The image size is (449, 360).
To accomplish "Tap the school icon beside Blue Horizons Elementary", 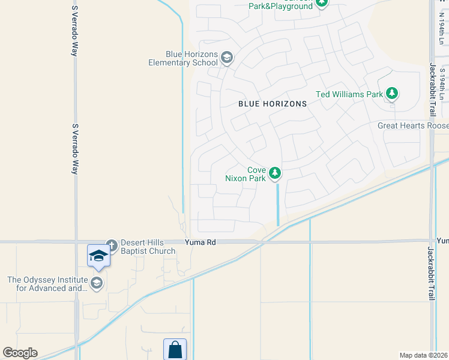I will point(227,58).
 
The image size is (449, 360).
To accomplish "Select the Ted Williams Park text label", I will point(349,94).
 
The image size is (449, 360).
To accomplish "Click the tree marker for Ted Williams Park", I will point(392,93).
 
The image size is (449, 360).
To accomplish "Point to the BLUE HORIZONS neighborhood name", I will point(273,104).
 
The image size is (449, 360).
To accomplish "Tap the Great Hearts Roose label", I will point(413,126).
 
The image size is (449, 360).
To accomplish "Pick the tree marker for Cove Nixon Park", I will point(275,173).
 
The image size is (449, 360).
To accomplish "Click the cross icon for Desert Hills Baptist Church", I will point(111,245).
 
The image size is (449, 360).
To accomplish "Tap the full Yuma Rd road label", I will point(199,242).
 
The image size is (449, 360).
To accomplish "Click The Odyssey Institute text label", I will point(47,283).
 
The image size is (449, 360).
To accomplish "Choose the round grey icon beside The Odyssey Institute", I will point(97,283).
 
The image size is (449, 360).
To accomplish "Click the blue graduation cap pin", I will point(98,257).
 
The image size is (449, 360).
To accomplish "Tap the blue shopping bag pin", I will point(175,349).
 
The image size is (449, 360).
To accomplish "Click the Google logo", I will point(20,353).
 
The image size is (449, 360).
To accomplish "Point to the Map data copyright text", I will point(423,355).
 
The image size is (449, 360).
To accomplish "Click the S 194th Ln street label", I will point(442,84).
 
